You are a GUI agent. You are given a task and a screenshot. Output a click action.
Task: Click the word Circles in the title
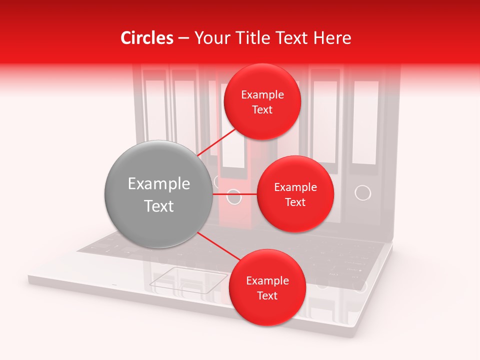coord(147,38)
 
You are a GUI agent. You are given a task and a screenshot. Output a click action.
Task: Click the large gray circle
coord(158,194)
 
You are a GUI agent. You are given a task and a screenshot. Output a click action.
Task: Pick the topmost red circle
coord(262,101)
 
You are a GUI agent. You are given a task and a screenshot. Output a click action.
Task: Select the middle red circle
coord(295,194)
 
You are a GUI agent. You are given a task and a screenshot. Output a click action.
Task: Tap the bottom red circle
coord(267,287)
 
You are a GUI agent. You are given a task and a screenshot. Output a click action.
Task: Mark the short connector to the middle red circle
coord(234,194)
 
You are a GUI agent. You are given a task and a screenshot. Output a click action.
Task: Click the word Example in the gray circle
coord(158,184)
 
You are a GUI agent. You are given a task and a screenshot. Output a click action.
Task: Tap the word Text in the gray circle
coord(158,206)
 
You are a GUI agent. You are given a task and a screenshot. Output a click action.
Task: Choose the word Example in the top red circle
coord(262,94)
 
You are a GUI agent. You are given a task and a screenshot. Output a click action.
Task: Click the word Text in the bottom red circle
coord(267,295)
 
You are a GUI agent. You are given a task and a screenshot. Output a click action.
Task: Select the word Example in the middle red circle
coord(295,187)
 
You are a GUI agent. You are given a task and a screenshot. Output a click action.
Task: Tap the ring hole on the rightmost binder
coord(362,192)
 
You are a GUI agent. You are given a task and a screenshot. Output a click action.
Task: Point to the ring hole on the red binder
coord(234,196)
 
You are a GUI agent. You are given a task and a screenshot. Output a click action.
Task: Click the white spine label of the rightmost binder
coord(365,122)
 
